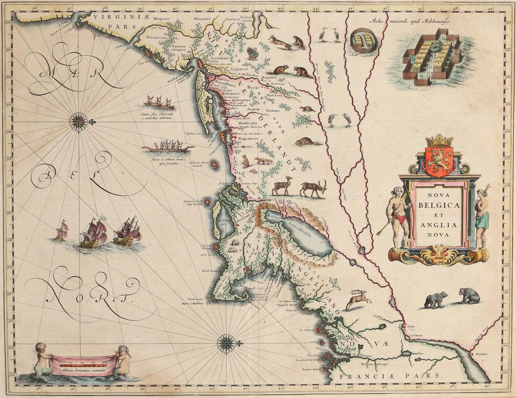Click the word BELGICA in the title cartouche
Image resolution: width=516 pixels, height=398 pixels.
(x=437, y=205)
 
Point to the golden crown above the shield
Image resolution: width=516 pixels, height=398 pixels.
(x=439, y=140)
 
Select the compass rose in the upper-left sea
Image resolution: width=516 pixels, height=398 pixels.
(x=78, y=121)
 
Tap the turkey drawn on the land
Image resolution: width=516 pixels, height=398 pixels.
(x=252, y=53)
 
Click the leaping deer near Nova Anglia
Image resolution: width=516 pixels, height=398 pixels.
(x=357, y=299)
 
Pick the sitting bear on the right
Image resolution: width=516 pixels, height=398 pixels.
(x=470, y=296)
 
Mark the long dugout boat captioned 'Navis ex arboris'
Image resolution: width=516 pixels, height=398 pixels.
(x=168, y=148)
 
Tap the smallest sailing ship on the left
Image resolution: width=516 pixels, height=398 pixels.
(x=61, y=231)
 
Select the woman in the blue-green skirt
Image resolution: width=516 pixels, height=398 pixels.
(x=482, y=217)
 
